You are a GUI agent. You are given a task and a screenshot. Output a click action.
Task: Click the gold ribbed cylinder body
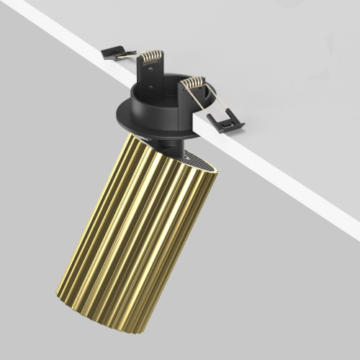pos(137,230)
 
